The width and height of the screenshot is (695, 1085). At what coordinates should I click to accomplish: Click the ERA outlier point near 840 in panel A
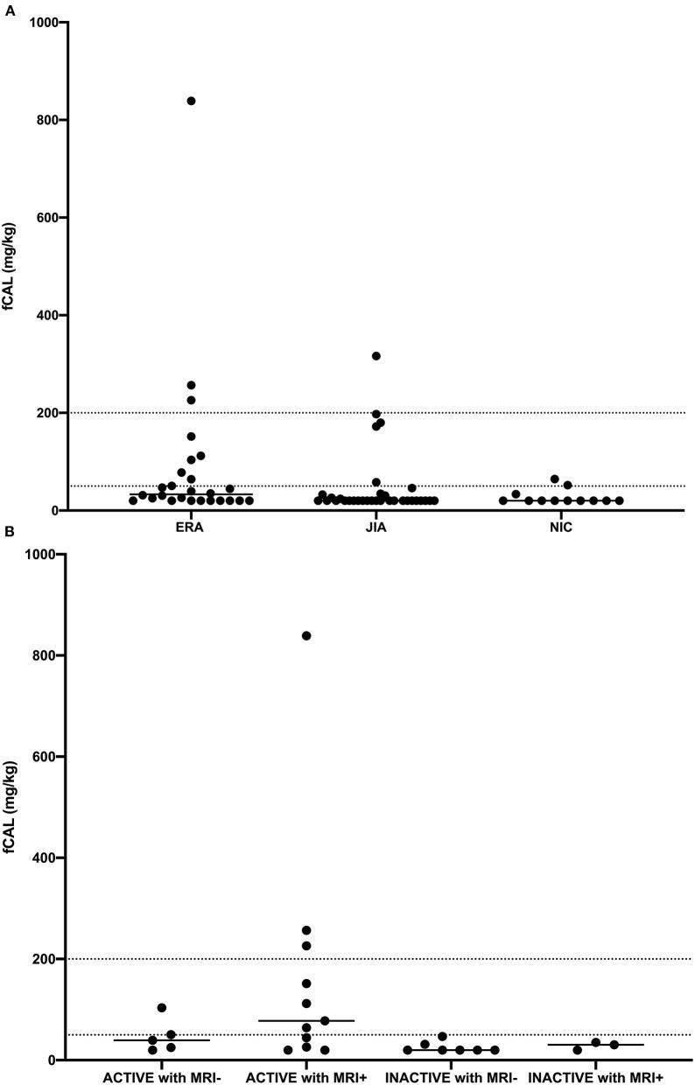pos(191,101)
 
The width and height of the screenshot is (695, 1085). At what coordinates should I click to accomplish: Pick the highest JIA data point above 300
pos(376,356)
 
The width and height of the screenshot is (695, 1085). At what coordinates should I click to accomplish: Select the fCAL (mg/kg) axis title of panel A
pos(14,266)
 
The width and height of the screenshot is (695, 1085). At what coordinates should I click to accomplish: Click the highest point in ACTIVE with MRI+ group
pos(306,635)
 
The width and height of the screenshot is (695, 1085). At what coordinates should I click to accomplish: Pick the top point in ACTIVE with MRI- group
pos(162,1008)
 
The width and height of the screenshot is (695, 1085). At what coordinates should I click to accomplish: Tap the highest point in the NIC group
pos(555,479)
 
